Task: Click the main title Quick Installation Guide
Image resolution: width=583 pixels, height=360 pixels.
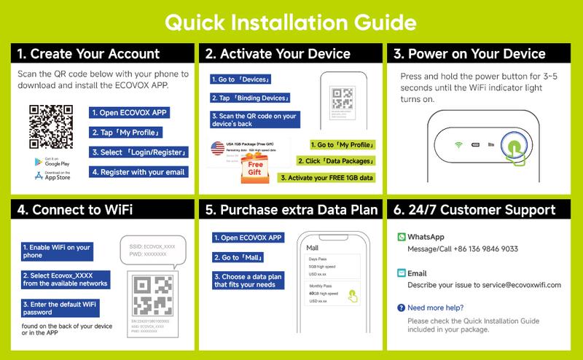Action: coord(291,22)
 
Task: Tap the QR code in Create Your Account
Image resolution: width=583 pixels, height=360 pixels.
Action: coord(52,127)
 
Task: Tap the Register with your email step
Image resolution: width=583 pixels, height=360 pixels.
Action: coord(138,172)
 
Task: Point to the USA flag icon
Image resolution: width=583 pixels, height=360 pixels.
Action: coord(218,149)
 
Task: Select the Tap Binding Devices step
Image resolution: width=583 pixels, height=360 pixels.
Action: coord(251,98)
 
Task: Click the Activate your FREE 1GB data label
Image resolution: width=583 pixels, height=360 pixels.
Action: coord(326,177)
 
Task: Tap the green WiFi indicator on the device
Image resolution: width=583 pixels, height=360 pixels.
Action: coord(460,144)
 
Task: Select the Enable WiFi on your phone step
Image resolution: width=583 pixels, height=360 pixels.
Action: coord(57,251)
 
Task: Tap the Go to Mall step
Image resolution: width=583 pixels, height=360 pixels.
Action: coord(238,257)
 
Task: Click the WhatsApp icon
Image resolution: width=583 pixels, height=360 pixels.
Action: coord(402,237)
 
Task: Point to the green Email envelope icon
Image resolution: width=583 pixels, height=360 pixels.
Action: coord(402,273)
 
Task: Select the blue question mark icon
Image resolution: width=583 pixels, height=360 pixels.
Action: coord(401,308)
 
